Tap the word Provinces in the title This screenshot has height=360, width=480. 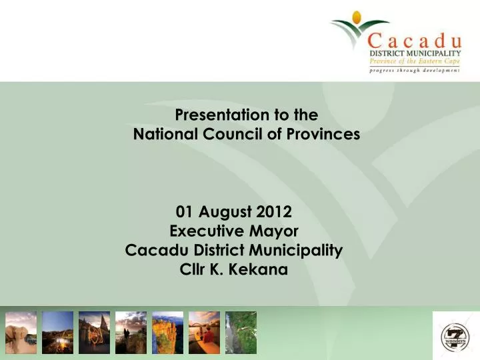coord(325,135)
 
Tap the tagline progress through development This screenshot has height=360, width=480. coord(415,70)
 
